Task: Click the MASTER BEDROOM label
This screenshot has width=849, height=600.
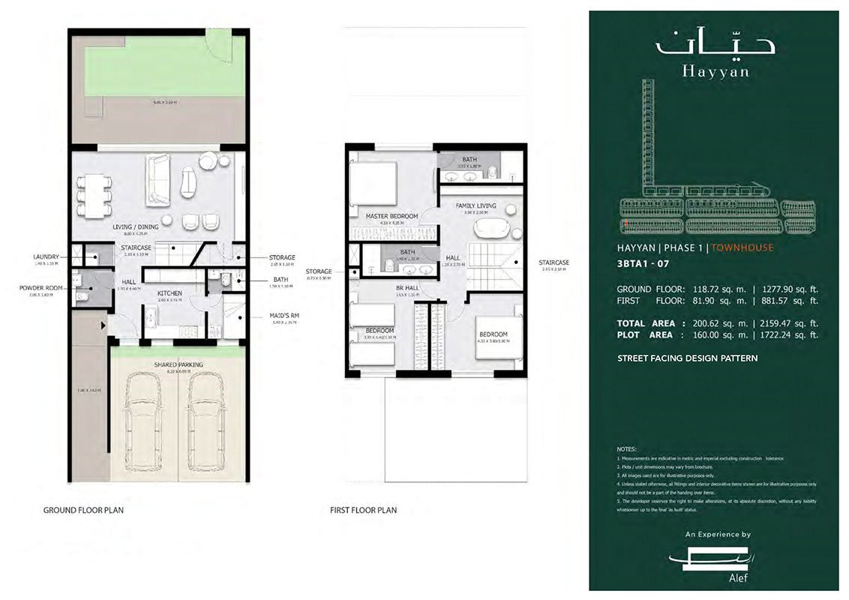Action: click(391, 217)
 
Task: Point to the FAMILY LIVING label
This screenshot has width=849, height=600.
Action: click(476, 205)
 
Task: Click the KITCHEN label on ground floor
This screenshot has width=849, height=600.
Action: click(170, 293)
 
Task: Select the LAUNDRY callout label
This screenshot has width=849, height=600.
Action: click(46, 257)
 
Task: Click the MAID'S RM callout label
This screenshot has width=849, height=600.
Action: click(282, 316)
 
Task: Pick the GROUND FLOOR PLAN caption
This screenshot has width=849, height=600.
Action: click(83, 510)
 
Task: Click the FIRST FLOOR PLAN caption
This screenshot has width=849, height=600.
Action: click(363, 510)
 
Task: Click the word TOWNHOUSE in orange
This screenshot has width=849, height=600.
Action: click(742, 247)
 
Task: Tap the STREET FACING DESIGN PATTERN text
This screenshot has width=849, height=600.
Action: click(687, 358)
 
